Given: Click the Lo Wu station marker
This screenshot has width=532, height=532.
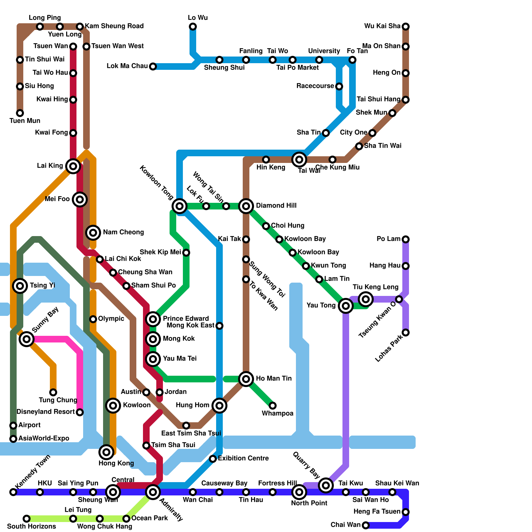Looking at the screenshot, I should point(193,27).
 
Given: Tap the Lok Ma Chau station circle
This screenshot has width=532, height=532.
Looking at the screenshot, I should point(153,66).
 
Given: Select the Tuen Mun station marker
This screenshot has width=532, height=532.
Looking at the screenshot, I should point(20,113).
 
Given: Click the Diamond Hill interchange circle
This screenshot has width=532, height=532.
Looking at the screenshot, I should point(246,206).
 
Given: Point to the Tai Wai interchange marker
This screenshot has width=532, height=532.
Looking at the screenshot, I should point(299,160).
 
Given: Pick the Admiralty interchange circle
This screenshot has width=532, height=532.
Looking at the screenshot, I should point(153,492).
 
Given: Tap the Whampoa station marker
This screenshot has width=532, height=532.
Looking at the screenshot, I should point(273,406).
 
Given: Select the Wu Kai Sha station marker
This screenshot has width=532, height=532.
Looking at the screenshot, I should point(406,27).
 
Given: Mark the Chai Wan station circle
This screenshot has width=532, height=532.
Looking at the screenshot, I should point(366,525).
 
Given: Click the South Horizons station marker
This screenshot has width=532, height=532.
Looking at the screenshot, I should point(27,519).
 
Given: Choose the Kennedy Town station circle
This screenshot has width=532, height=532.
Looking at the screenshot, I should point(13,492).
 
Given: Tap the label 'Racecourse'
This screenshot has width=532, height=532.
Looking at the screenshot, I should point(315,86).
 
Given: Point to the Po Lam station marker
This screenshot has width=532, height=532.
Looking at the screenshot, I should point(406,239).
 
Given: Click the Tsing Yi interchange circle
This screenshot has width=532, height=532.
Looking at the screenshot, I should point(20,286).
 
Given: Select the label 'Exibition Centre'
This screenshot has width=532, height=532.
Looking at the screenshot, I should point(243,459).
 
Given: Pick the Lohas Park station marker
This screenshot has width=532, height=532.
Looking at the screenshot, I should point(406,332).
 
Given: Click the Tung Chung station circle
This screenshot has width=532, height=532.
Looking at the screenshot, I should point(53,392).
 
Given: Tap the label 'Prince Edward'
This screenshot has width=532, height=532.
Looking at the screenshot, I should point(186,319).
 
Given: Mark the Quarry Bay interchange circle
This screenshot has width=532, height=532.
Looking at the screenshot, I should point(326,485).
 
